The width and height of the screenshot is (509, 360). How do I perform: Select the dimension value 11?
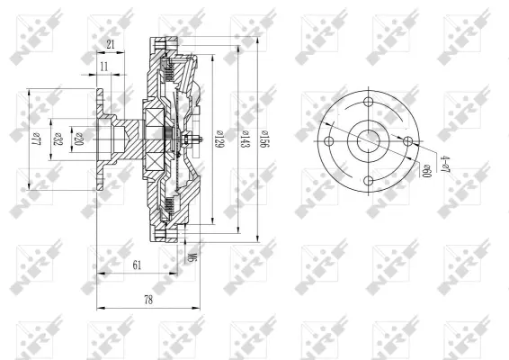(104, 67)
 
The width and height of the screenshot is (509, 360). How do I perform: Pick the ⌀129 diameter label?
(219, 138)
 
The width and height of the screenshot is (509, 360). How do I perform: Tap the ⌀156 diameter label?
(264, 138)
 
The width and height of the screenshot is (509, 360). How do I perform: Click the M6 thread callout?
(192, 258)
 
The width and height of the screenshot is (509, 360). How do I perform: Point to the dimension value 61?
(136, 264)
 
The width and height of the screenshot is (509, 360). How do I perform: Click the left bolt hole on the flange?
(329, 142)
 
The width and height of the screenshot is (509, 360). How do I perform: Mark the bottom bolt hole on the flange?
(369, 183)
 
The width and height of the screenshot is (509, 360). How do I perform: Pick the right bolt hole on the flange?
(409, 141)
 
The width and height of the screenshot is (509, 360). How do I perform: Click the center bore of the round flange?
(369, 141)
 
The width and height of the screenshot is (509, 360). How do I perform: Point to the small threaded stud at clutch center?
(195, 140)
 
